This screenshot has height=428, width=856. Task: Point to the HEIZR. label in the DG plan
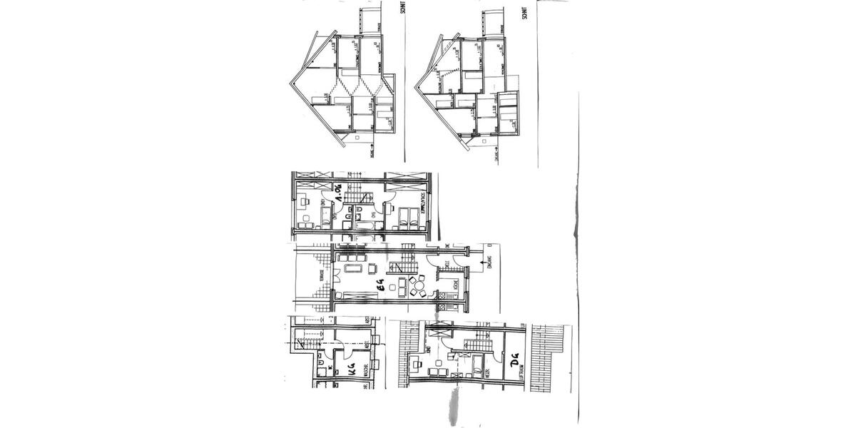[x=491, y=372]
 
